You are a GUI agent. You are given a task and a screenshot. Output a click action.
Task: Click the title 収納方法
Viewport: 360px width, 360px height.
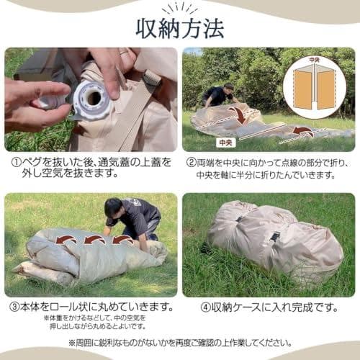pyautogui.click(x=180, y=27)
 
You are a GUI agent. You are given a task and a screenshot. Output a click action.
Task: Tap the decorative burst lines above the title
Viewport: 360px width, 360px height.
pyautogui.click(x=180, y=8)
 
